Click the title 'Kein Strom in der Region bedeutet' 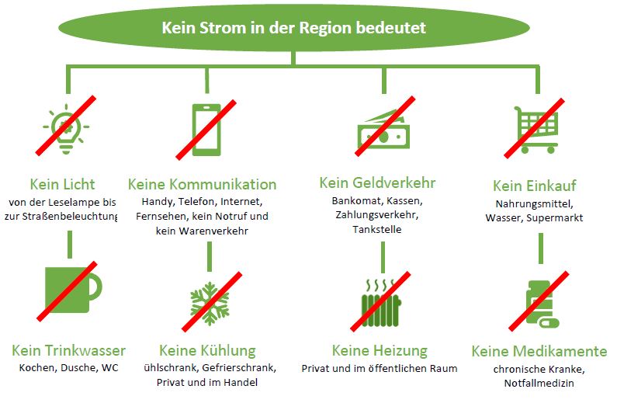click(293, 28)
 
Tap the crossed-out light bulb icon click(67, 125)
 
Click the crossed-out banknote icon click(383, 127)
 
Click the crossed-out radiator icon click(383, 300)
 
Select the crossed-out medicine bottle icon click(537, 301)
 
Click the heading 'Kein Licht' click(62, 185)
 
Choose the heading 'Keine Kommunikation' click(202, 185)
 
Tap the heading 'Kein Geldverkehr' click(377, 183)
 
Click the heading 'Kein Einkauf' click(534, 186)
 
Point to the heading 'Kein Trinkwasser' click(68, 350)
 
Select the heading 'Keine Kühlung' click(206, 350)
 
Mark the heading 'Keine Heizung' click(380, 351)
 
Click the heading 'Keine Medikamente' click(539, 351)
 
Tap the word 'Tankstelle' click(378, 230)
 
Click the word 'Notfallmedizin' click(538, 384)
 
